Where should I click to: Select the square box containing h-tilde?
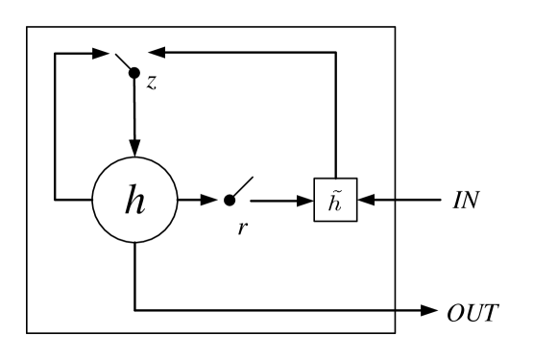tap(335, 200)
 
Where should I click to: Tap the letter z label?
tap(152, 83)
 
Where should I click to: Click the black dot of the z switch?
tap(134, 73)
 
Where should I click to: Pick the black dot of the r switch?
tap(229, 200)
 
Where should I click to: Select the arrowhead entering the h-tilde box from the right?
tap(365, 200)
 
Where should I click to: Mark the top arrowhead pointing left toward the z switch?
tap(161, 52)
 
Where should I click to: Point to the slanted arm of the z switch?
tap(123, 61)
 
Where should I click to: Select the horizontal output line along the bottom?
tap(269, 310)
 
